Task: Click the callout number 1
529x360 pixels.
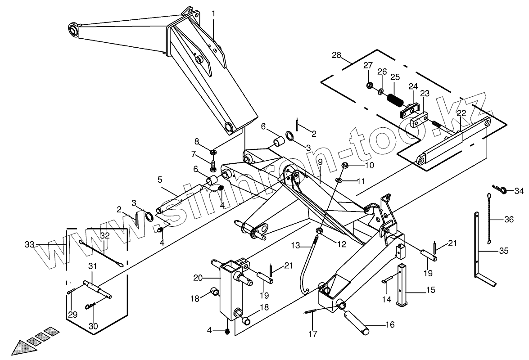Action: click(x=213, y=14)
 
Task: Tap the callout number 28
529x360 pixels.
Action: click(x=336, y=55)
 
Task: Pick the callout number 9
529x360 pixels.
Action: click(x=320, y=162)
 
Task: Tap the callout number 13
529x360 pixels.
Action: click(x=295, y=246)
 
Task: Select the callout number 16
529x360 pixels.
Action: click(x=389, y=324)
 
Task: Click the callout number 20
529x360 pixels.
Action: click(x=199, y=278)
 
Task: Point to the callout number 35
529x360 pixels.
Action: click(x=503, y=251)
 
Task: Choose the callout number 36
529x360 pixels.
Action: click(x=509, y=220)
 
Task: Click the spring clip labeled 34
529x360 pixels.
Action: click(x=499, y=190)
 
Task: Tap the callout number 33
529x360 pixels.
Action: click(x=29, y=244)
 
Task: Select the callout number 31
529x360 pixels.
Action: click(x=92, y=266)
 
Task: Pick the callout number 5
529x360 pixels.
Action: click(x=159, y=180)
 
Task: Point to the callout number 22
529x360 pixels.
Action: click(x=461, y=113)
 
